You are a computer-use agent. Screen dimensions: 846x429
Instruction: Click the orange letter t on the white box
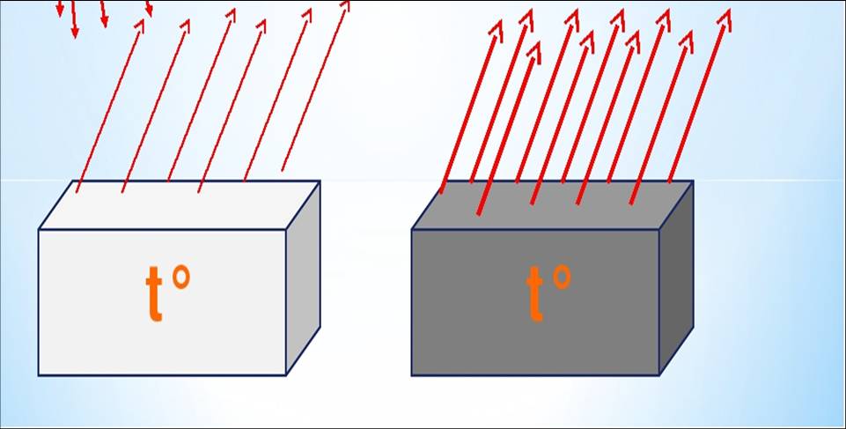[x=154, y=293]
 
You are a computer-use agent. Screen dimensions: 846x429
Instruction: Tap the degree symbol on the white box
[x=180, y=277]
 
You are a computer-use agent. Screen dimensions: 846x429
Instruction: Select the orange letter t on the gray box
[x=534, y=293]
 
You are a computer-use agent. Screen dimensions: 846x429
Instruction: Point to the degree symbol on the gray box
[x=561, y=277]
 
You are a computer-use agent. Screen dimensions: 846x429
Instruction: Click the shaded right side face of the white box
[x=303, y=277]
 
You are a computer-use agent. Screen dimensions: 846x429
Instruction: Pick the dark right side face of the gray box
[x=676, y=277]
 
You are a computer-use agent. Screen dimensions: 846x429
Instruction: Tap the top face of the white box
[x=180, y=205]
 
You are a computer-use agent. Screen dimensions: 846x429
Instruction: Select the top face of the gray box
[x=553, y=205]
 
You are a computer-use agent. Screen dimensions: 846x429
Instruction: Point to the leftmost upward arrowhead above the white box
[x=140, y=26]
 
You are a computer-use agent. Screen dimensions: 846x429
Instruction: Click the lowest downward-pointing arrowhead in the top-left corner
[x=75, y=32]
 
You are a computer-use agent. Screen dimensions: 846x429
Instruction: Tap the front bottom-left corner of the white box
[x=39, y=375]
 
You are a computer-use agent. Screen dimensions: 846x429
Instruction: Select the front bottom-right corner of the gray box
[x=658, y=375]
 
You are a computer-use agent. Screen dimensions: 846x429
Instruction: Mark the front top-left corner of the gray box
[x=412, y=229]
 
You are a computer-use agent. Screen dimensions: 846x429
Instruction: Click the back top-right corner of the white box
[x=320, y=181]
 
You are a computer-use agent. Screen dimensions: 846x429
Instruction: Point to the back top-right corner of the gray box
[x=694, y=181]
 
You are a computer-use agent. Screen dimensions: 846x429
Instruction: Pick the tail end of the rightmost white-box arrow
[x=283, y=171]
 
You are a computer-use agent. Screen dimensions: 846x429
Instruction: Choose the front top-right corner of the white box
[x=286, y=229]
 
